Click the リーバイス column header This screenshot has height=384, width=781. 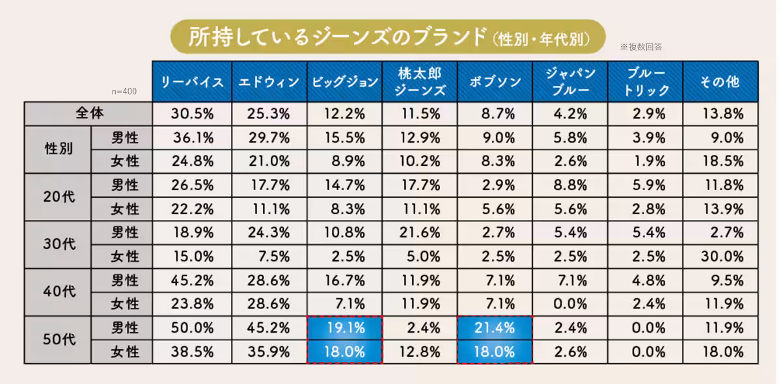[191, 82]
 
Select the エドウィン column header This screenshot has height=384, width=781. [268, 82]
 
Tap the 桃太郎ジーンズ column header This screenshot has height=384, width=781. [420, 82]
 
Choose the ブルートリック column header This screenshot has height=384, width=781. [646, 82]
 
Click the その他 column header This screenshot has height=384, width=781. [720, 82]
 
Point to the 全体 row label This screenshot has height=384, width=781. [89, 113]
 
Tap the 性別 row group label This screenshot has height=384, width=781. [58, 149]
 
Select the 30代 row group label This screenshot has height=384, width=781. [58, 245]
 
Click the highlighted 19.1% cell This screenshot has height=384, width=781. [344, 328]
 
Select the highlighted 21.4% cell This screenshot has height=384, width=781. [495, 328]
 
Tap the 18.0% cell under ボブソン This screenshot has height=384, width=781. [495, 352]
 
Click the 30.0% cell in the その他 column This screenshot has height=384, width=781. [722, 256]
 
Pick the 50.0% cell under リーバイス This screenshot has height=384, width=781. [192, 328]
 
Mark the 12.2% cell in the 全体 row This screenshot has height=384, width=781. [344, 113]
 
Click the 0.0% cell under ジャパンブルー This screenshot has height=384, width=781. [571, 304]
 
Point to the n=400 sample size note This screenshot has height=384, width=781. [124, 92]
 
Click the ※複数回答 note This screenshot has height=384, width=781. [641, 47]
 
